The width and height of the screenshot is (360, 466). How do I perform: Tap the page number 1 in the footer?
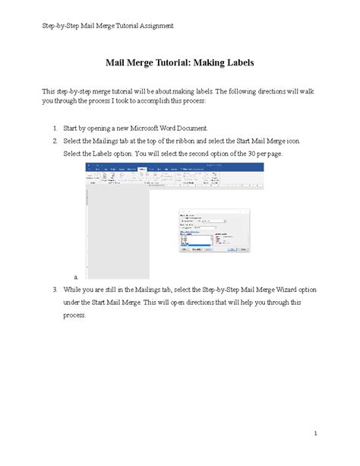coord(313,433)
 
